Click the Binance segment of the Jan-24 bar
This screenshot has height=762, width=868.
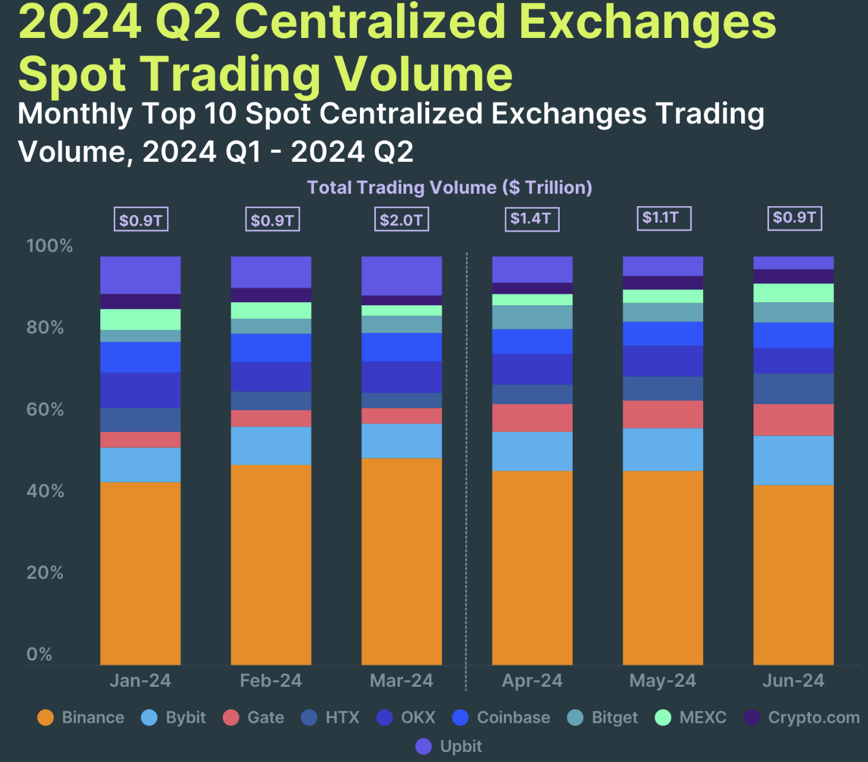pyautogui.click(x=141, y=573)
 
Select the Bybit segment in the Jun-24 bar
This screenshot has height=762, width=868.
pyautogui.click(x=793, y=460)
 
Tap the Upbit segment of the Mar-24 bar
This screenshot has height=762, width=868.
pyautogui.click(x=401, y=276)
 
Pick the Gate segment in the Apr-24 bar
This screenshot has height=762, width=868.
pyautogui.click(x=532, y=418)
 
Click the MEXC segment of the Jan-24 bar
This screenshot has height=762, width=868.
pyautogui.click(x=141, y=319)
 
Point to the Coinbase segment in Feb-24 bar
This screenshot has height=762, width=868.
pyautogui.click(x=271, y=347)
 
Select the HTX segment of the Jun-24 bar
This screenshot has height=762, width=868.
pyautogui.click(x=793, y=389)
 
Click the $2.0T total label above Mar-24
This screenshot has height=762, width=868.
pyautogui.click(x=401, y=220)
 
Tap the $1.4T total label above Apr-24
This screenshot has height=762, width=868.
pyautogui.click(x=531, y=219)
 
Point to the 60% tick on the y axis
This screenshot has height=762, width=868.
pyautogui.click(x=45, y=409)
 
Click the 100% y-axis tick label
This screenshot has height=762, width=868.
pyautogui.click(x=49, y=246)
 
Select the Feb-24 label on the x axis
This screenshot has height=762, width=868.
pyautogui.click(x=271, y=680)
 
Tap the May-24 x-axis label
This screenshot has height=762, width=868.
pyautogui.click(x=662, y=680)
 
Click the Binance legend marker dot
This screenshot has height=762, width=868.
pyautogui.click(x=46, y=718)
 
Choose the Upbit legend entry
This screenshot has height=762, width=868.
pyautogui.click(x=461, y=746)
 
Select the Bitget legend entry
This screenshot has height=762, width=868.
pyautogui.click(x=614, y=718)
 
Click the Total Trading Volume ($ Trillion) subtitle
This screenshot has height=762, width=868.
pyautogui.click(x=449, y=187)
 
